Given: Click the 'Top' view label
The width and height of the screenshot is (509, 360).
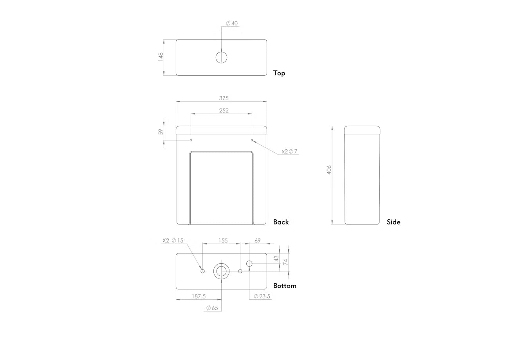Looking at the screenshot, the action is click(279, 73).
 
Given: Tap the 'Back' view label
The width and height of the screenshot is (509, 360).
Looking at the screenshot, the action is click(281, 222).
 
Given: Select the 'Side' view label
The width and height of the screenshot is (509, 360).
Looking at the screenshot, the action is click(393, 222).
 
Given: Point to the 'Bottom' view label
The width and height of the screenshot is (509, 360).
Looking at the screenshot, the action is click(285, 286).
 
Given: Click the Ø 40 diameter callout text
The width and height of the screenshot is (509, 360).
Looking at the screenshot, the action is click(232, 23).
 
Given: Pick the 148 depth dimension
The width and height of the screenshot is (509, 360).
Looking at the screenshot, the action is click(161, 57).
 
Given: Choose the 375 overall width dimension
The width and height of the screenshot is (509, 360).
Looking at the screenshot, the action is click(224, 98).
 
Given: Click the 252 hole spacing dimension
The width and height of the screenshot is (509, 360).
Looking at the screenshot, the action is click(224, 110).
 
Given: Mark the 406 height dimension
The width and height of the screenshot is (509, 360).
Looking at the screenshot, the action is click(329, 170).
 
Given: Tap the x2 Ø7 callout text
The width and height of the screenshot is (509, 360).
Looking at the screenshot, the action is click(289, 151).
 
